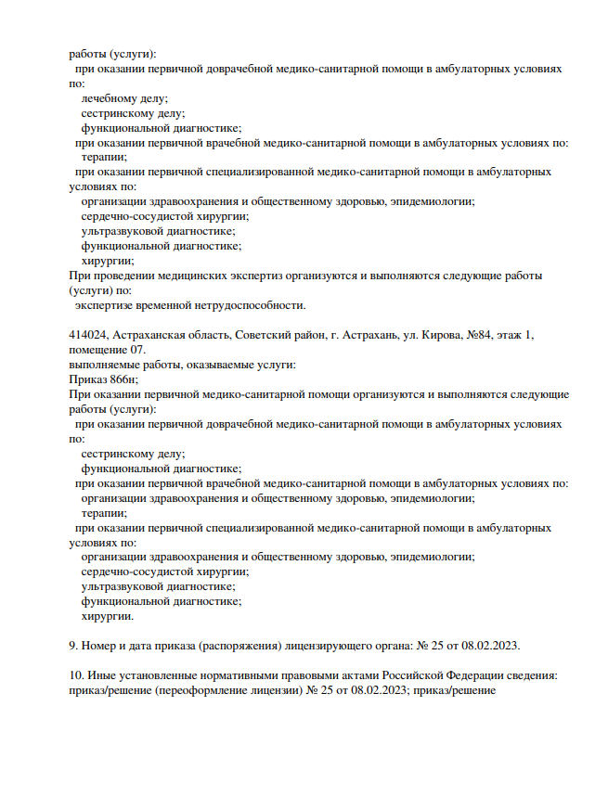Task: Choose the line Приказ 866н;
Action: point(104,379)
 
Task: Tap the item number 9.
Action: point(73,646)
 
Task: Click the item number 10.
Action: point(76,675)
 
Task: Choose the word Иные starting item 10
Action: point(101,675)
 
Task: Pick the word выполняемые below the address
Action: point(108,365)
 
